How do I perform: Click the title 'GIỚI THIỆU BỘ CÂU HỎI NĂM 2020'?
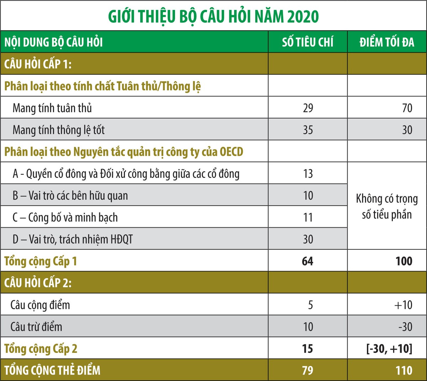click(213, 17)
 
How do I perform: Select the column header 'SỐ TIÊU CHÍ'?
click(308, 42)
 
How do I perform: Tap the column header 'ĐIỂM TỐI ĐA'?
click(387, 42)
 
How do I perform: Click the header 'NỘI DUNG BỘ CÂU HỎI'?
click(53, 42)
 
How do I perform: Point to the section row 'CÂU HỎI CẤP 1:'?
click(38, 64)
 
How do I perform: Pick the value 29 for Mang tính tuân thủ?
click(308, 108)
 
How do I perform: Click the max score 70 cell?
click(407, 108)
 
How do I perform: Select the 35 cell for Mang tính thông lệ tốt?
click(308, 130)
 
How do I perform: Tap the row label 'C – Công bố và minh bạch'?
click(65, 217)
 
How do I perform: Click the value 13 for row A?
click(308, 174)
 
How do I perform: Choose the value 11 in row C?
click(308, 217)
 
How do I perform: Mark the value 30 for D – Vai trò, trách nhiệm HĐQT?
click(308, 239)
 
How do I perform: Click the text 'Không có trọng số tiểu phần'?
click(387, 206)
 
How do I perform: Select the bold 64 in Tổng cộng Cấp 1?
click(307, 261)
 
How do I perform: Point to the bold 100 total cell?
click(404, 261)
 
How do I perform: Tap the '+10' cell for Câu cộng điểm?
click(403, 305)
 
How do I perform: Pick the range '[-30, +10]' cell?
click(389, 349)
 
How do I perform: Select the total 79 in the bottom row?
click(307, 370)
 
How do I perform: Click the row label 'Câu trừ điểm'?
click(36, 327)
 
